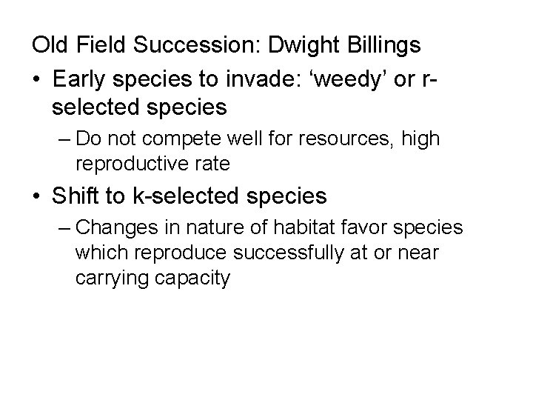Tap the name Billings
(382, 45)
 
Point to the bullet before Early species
(37, 76)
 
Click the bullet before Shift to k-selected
(37, 196)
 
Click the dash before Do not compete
(63, 139)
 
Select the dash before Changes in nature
(63, 227)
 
